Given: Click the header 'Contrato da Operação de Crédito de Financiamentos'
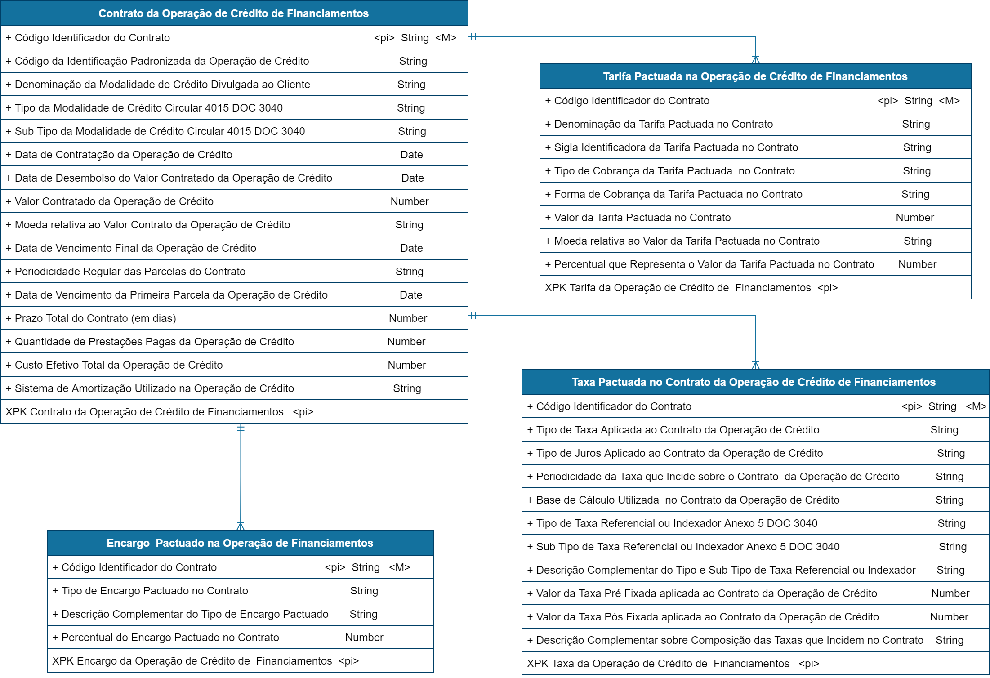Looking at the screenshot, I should tap(233, 13).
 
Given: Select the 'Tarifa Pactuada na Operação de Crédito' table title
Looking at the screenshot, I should tap(755, 76).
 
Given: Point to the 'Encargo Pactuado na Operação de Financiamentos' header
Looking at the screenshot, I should tap(240, 543).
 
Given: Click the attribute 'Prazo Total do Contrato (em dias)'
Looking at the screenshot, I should tap(95, 318).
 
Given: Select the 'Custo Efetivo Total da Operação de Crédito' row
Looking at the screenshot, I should tap(119, 365).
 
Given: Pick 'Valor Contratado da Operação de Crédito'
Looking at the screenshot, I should tap(114, 201).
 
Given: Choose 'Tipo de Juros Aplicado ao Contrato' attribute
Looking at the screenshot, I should tap(679, 453).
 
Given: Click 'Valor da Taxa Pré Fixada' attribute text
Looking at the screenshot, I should tap(706, 593).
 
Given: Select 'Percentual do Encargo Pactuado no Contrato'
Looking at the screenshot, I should tap(170, 638).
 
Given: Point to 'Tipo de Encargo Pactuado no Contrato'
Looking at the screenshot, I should tap(155, 591).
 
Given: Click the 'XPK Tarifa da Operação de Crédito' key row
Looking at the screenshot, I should tap(691, 288).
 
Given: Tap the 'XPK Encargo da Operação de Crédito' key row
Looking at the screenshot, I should tap(205, 661).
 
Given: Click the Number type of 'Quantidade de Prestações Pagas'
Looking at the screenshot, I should tap(406, 342).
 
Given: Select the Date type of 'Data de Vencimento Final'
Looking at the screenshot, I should tap(411, 248).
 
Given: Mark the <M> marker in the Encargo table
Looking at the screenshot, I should tap(399, 567).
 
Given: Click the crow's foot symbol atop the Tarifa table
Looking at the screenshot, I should tap(756, 59).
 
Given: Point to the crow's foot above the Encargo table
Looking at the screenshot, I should tap(241, 526).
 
